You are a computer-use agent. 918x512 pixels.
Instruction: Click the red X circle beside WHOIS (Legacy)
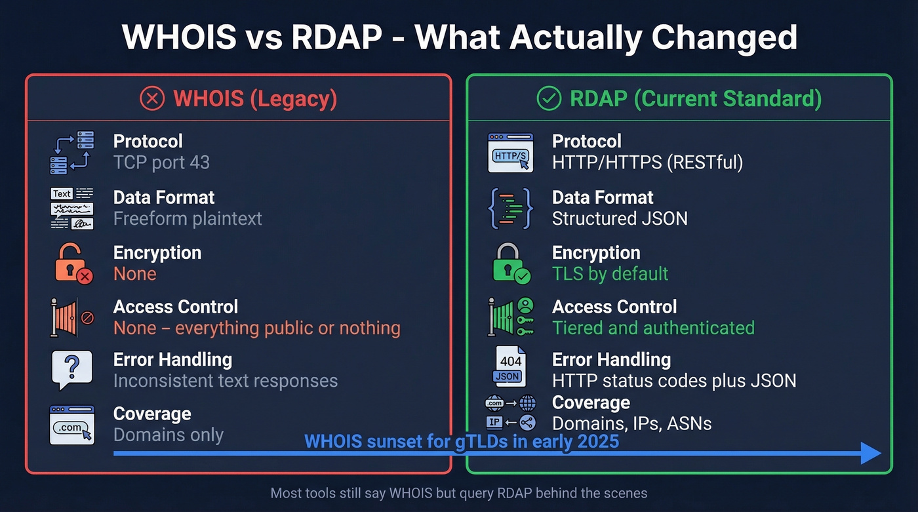[152, 99]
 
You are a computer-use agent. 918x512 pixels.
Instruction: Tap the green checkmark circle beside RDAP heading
[549, 99]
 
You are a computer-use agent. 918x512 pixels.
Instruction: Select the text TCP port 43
[161, 163]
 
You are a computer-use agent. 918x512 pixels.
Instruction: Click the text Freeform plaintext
[188, 218]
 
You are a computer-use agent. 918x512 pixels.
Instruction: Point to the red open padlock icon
[72, 263]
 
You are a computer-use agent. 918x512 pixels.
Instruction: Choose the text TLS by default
[610, 273]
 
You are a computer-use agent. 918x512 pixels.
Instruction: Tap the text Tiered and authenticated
[653, 328]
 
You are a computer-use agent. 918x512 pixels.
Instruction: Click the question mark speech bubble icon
[72, 369]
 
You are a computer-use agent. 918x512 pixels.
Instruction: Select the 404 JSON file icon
[509, 367]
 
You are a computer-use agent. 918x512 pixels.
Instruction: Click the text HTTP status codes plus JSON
[674, 380]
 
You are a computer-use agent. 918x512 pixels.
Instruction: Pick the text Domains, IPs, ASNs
[632, 423]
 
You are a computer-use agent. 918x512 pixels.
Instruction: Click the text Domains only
[169, 435]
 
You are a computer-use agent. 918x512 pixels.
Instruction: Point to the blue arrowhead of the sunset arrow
[871, 453]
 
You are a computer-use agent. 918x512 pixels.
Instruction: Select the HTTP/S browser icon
[511, 153]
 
